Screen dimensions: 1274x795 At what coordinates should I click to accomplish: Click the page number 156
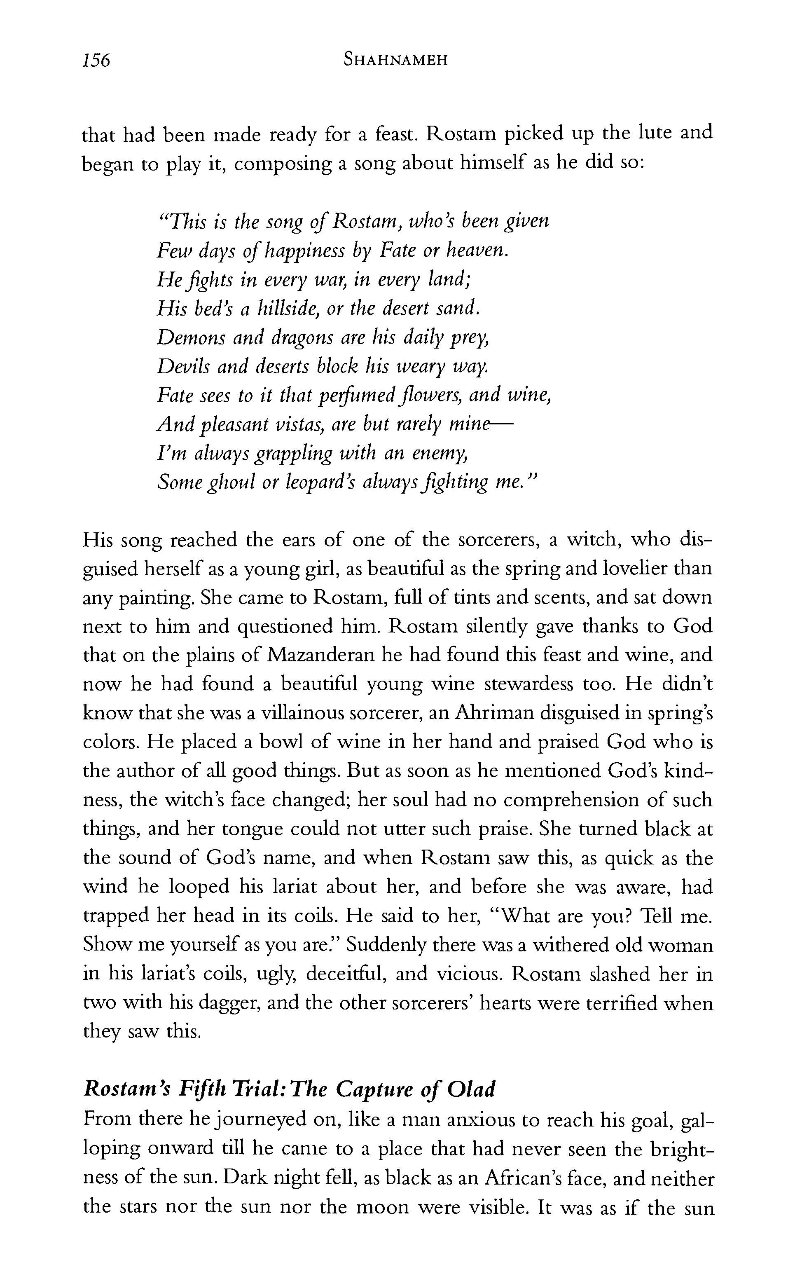(96, 60)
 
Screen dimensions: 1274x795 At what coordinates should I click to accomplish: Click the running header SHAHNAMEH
(395, 60)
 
